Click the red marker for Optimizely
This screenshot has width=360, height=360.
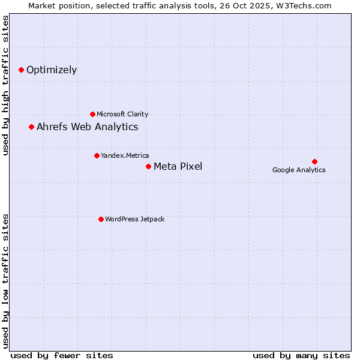21,70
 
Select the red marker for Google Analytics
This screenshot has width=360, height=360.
314,161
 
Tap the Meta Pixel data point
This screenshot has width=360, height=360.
148,166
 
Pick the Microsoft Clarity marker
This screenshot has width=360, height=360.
92,114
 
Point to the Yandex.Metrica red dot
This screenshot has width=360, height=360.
97,155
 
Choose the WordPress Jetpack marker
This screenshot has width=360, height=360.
101,219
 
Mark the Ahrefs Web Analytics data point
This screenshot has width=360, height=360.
31,127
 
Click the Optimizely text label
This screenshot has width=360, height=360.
52,70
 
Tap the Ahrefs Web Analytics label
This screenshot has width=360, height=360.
88,127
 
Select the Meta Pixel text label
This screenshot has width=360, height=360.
178,166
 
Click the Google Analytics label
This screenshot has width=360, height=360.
299,170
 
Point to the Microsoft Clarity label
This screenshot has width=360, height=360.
122,114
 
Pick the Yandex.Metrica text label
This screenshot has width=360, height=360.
125,155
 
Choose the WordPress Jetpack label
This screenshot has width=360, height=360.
134,219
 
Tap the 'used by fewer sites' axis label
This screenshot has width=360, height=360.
62,355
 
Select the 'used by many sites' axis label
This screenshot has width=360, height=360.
301,355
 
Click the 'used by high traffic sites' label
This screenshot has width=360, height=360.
5,85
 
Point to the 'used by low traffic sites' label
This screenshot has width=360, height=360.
5,280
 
